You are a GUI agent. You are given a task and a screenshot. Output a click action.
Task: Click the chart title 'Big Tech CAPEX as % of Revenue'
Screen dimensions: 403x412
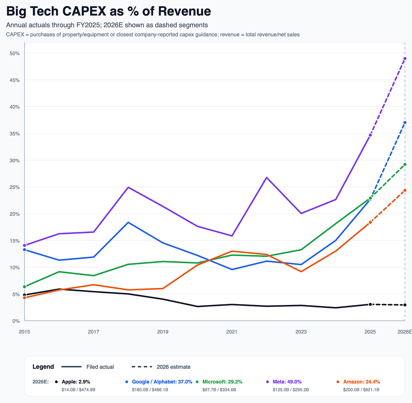(108, 12)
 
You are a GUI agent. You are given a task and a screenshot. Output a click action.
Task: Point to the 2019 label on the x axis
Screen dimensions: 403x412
(163, 332)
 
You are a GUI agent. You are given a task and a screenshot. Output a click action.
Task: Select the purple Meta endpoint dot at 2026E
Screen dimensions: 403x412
(405, 58)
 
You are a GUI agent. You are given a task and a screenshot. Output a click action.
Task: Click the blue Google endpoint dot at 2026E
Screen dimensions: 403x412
(405, 122)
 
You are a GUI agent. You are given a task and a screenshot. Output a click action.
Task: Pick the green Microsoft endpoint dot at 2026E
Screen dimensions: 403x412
(405, 164)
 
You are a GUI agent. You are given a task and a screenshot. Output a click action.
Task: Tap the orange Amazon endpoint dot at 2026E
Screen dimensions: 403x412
(405, 190)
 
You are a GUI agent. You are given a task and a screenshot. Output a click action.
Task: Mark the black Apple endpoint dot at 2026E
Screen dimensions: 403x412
(405, 305)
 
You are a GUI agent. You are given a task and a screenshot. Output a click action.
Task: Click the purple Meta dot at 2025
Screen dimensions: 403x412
(370, 135)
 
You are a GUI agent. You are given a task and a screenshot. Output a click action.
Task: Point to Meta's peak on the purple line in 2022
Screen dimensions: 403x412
(267, 178)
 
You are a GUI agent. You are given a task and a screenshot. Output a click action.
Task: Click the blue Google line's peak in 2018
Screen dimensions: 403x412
(128, 222)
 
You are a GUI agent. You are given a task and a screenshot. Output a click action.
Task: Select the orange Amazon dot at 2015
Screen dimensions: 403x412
(25, 298)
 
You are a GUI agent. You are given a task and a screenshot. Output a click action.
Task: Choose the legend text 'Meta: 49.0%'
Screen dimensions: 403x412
(287, 382)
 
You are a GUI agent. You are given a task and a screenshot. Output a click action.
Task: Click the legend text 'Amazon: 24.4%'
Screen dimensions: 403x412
(361, 382)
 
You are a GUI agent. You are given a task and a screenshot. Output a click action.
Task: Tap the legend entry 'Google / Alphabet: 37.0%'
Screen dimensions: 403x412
(162, 382)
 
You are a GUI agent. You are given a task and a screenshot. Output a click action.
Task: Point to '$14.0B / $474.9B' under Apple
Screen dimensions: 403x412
(78, 390)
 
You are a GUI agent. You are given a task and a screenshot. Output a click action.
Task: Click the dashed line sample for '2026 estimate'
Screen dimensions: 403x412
(142, 367)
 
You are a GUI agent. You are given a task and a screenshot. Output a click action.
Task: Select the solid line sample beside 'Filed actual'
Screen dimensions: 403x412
(71, 367)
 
